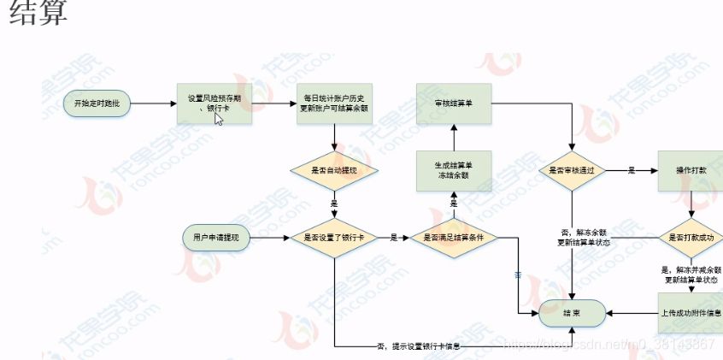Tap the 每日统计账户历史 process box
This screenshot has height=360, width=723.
click(334, 103)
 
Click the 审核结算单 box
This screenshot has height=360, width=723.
click(453, 103)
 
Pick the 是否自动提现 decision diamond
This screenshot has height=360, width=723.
click(334, 171)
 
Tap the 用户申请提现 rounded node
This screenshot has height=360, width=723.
click(216, 237)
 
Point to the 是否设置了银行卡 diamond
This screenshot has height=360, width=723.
click(334, 237)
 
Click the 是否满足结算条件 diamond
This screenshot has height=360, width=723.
click(453, 237)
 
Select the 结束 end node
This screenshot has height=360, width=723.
click(572, 313)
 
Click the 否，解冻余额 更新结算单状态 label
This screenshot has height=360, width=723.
click(584, 237)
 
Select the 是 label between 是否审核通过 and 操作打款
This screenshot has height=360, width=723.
click(631, 171)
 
